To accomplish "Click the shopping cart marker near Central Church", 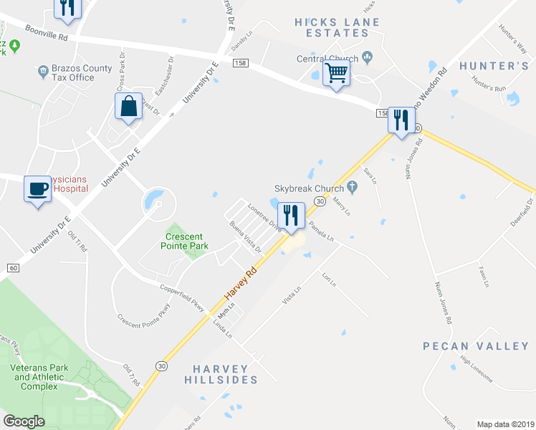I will (336, 73).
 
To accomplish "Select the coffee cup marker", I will (38, 189).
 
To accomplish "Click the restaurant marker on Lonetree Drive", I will (290, 215).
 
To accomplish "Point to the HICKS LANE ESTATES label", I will (337, 28).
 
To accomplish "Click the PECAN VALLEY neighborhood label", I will (476, 346).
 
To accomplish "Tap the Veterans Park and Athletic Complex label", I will (35, 376).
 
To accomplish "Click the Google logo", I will (24, 421).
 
